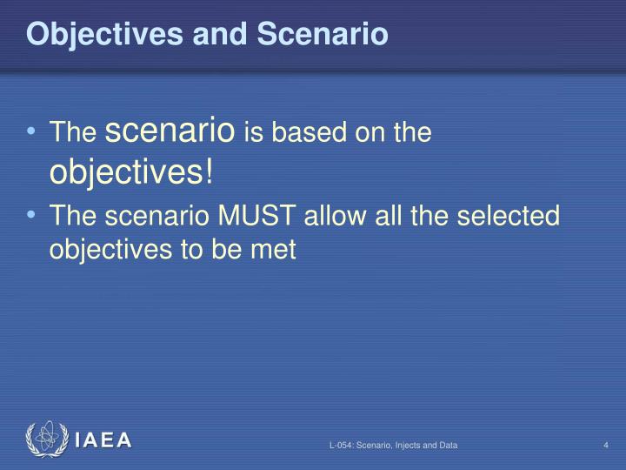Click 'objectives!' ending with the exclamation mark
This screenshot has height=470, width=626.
click(130, 171)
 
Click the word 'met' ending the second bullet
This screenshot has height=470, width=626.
click(276, 250)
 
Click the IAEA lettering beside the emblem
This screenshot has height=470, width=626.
click(103, 440)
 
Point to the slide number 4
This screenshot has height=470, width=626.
click(605, 446)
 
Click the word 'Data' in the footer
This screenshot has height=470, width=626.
click(448, 446)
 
